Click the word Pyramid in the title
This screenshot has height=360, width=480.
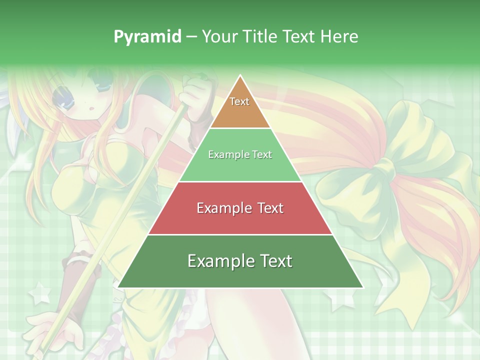coord(147,36)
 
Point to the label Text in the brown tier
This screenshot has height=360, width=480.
coord(239,101)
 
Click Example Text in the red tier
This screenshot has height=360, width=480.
coord(240,208)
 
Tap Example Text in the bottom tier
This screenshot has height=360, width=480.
coord(240,261)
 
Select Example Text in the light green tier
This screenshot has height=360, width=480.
coord(240,154)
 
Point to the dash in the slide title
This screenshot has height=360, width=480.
coord(191,36)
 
